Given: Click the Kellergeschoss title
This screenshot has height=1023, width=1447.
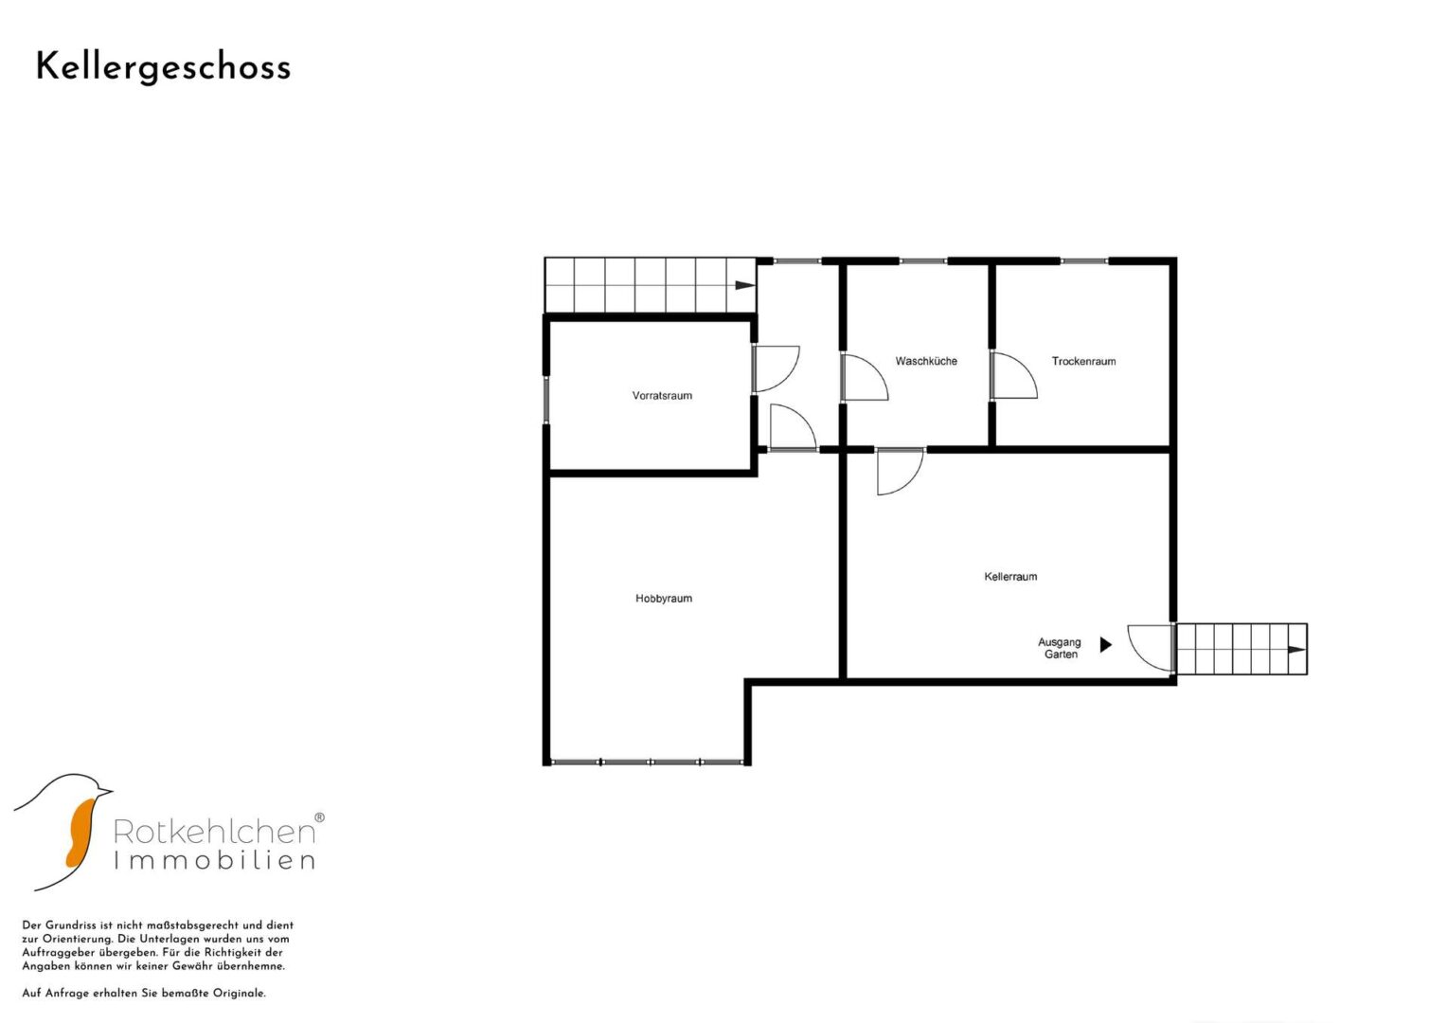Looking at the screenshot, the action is [x=164, y=68].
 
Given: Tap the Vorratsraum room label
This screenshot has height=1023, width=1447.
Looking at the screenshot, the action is [x=662, y=396].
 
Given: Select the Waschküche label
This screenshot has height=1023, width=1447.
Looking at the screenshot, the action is [x=926, y=361].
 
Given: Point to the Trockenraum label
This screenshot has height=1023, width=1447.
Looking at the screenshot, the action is [x=1084, y=361].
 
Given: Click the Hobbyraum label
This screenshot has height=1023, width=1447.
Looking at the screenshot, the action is [x=664, y=599].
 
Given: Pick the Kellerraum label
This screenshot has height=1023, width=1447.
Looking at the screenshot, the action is [x=1011, y=577].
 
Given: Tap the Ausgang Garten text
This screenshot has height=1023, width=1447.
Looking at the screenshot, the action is [x=1060, y=648].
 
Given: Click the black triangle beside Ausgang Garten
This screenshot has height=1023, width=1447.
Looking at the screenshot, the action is [x=1106, y=644].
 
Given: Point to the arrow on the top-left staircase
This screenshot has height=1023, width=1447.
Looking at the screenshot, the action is [x=745, y=285].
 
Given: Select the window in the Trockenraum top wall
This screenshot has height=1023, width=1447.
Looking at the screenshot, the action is [x=1084, y=261].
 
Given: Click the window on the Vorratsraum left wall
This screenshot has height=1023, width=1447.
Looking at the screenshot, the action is [x=545, y=400].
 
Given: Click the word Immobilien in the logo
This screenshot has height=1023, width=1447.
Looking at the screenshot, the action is [x=214, y=861].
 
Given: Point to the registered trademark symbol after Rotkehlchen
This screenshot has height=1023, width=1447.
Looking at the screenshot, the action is [x=319, y=818].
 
